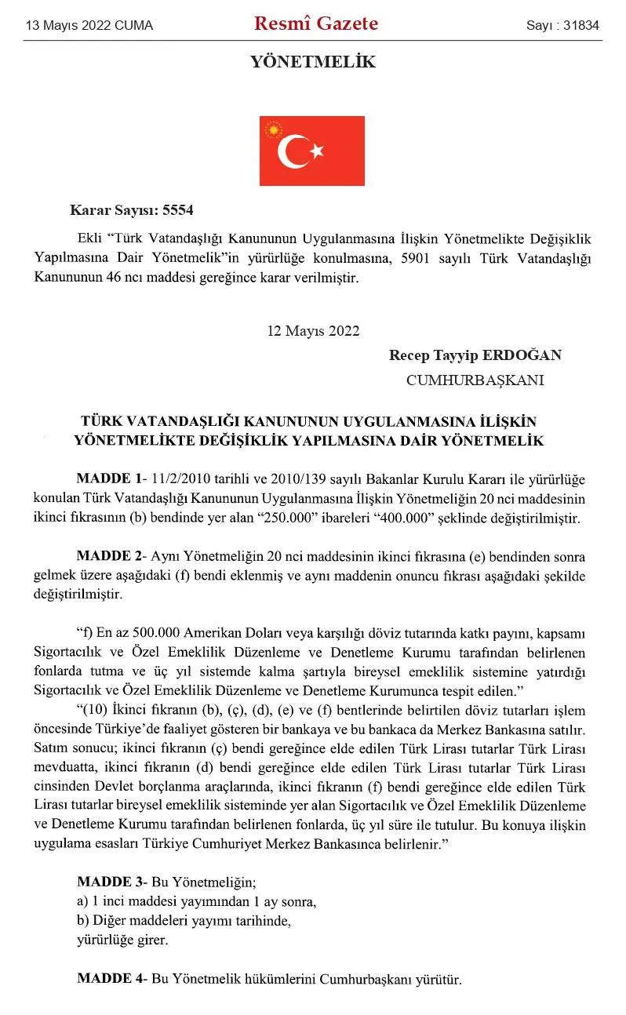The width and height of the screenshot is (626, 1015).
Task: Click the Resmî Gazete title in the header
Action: click(316, 24)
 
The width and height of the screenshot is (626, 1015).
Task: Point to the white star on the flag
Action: click(316, 151)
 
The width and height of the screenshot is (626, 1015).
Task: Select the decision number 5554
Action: click(177, 210)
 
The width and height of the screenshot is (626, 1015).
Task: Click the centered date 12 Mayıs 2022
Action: click(313, 330)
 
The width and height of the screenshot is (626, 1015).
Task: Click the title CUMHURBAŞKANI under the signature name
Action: click(475, 380)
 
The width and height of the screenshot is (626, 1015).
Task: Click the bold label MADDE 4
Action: click(107, 978)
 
